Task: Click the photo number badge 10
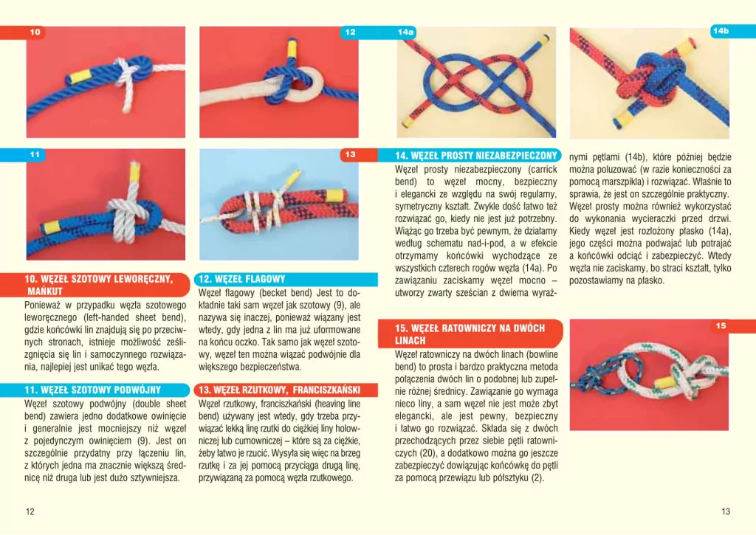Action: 35,32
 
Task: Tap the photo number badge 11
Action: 35,155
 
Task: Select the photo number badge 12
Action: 350,32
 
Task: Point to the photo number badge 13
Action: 350,155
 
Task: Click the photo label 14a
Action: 405,32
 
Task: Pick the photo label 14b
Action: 721,31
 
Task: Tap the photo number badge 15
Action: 721,326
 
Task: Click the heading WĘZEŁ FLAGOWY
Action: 241,279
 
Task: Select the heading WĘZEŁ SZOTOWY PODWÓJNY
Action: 92,390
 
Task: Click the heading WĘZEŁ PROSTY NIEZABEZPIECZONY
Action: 476,156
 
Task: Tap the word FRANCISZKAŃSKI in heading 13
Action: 326,390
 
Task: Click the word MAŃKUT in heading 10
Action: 45,291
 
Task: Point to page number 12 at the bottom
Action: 30,512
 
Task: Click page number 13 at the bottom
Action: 726,512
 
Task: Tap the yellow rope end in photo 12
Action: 292,48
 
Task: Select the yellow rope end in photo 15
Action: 664,383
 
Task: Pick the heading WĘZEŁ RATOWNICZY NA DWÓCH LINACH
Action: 470,334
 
